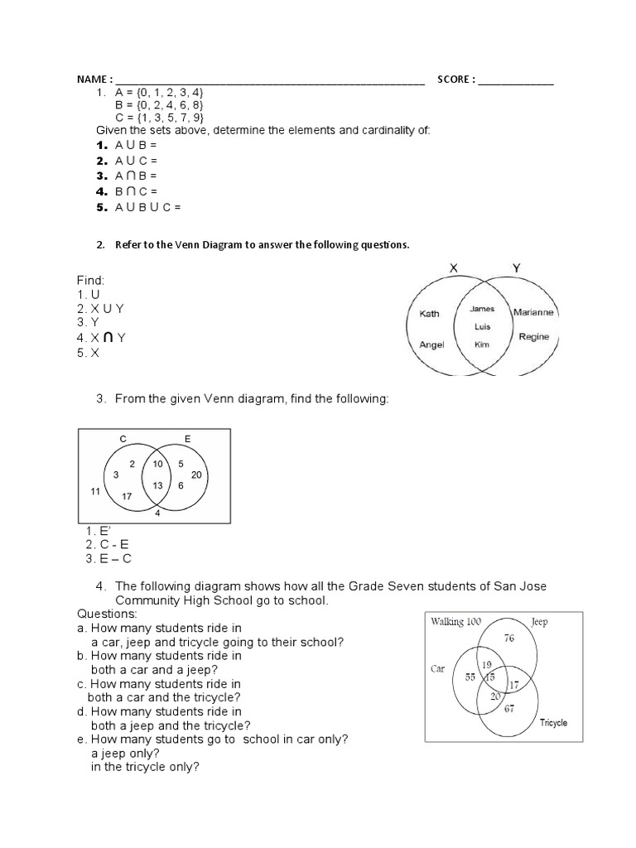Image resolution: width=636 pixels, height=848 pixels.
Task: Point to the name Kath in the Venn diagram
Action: tap(430, 314)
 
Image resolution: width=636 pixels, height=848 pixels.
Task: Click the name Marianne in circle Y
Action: tap(534, 312)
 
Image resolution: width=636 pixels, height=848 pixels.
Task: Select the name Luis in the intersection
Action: tap(482, 326)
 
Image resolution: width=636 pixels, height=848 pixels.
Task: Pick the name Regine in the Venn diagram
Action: tap(533, 337)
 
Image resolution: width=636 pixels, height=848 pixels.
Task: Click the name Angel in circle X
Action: tap(431, 344)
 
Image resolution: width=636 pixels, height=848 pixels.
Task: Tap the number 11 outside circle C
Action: tap(94, 492)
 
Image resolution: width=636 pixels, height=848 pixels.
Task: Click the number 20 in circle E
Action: tap(196, 475)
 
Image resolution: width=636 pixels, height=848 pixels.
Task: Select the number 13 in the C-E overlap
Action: tap(157, 485)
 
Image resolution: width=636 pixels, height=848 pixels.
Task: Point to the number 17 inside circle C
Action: tap(127, 496)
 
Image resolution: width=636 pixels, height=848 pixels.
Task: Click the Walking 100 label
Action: tap(455, 621)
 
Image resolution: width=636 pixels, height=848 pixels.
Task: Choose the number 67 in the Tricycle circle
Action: tap(509, 709)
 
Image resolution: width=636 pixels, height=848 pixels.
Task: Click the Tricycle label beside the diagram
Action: tap(553, 723)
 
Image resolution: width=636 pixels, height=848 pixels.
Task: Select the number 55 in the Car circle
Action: tap(470, 677)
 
